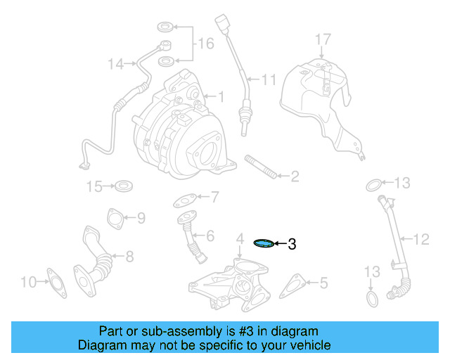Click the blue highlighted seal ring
(x=264, y=243)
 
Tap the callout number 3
(x=292, y=245)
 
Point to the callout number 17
(x=322, y=38)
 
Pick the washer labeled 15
(x=125, y=186)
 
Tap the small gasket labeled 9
(x=113, y=218)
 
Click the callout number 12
(x=420, y=240)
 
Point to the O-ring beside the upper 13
(x=375, y=185)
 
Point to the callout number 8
(x=129, y=258)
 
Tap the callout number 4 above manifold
(x=239, y=238)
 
